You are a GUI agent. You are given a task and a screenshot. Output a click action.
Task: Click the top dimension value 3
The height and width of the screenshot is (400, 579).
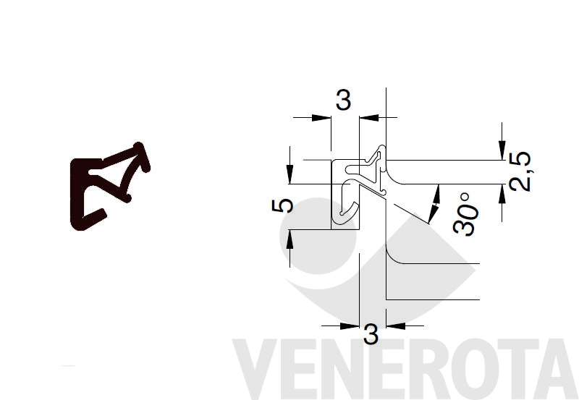(x=343, y=100)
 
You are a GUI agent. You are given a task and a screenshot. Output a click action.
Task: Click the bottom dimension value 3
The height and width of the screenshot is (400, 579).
(x=371, y=334)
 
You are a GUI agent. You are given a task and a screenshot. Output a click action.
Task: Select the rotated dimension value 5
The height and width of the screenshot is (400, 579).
(x=282, y=205)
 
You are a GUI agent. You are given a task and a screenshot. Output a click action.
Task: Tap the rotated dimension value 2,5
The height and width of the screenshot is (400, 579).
(x=520, y=171)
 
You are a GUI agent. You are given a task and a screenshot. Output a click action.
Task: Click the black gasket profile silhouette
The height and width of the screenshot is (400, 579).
(x=110, y=187)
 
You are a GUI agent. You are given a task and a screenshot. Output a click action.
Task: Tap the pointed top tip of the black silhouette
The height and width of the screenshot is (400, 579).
(x=139, y=143)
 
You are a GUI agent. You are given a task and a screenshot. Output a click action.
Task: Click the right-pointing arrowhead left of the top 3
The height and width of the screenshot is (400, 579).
(x=321, y=118)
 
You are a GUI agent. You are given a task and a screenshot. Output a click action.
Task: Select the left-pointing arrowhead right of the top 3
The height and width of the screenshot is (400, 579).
(x=369, y=118)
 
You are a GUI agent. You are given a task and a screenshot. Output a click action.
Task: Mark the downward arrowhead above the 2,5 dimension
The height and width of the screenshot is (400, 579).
(x=502, y=150)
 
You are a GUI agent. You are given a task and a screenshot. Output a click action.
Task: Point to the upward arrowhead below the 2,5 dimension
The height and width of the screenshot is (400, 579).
(x=502, y=194)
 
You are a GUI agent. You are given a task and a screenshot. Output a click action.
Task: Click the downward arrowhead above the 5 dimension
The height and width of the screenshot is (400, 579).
(x=290, y=174)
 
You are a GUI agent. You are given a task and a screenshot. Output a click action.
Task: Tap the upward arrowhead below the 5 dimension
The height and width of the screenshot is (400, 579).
(x=290, y=239)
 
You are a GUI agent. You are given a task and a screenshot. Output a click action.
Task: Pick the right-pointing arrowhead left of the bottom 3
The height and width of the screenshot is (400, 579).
(x=350, y=325)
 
